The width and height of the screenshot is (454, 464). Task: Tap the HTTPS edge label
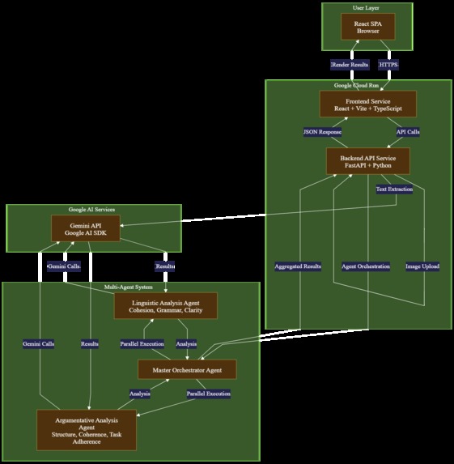(388, 65)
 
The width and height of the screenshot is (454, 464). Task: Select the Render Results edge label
(350, 65)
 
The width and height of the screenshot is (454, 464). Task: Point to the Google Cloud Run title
(358, 85)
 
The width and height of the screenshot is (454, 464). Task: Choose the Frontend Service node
(368, 104)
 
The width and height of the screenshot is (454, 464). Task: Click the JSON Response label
(322, 131)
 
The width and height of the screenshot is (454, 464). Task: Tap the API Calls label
(407, 131)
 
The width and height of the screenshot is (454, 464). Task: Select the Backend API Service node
(368, 160)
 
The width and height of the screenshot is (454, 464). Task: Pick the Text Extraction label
(394, 189)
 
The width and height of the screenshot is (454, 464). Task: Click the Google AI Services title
(93, 210)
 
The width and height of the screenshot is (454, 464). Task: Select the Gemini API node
(85, 228)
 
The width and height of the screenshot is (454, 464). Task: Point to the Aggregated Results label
(298, 266)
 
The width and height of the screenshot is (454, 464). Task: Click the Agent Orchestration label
(366, 266)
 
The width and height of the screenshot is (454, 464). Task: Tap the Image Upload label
(422, 266)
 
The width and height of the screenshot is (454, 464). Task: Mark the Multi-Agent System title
(130, 287)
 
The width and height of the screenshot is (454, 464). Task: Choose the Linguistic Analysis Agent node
(165, 305)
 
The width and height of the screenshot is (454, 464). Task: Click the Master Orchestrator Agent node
(186, 369)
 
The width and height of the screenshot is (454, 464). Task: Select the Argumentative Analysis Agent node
(87, 428)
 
